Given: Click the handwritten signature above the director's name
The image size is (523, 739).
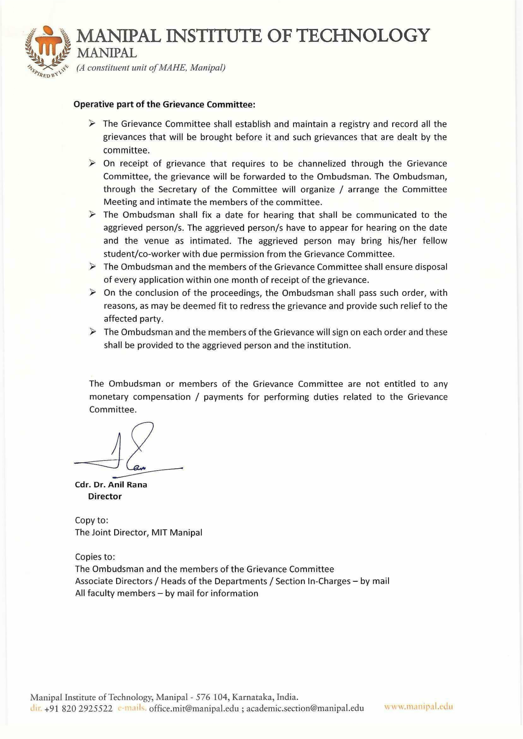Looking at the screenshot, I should [x=129, y=451].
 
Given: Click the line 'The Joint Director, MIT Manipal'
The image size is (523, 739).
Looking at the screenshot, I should [x=139, y=532].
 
